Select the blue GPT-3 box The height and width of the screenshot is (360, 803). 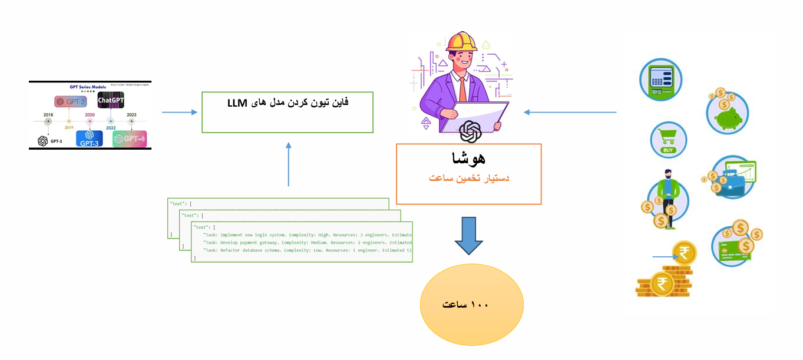click(89, 138)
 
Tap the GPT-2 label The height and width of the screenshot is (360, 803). click(70, 101)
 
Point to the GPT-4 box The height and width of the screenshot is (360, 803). click(129, 138)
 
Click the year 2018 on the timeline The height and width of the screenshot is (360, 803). click(48, 115)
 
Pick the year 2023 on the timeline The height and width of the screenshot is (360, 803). click(131, 115)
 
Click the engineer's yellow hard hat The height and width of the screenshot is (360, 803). click(461, 42)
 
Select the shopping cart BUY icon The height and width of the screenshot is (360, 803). click(668, 140)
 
